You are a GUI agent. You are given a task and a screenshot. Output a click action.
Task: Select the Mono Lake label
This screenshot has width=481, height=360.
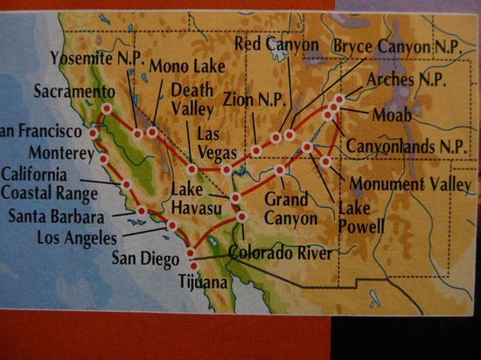pyautogui.click(x=179, y=66)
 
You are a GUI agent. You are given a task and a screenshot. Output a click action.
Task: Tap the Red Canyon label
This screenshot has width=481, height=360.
pyautogui.click(x=277, y=43)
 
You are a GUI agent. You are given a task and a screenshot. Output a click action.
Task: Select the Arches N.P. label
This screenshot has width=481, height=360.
pyautogui.click(x=407, y=80)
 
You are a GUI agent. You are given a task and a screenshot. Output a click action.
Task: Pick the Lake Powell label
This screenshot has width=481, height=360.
pyautogui.click(x=362, y=218)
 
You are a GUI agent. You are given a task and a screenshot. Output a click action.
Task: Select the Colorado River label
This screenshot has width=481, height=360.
pyautogui.click(x=280, y=253)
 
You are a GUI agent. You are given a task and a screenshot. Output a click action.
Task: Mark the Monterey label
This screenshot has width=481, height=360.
pyautogui.click(x=39, y=150)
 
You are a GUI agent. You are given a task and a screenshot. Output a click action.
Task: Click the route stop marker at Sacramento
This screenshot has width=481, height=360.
pyautogui.click(x=107, y=108)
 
